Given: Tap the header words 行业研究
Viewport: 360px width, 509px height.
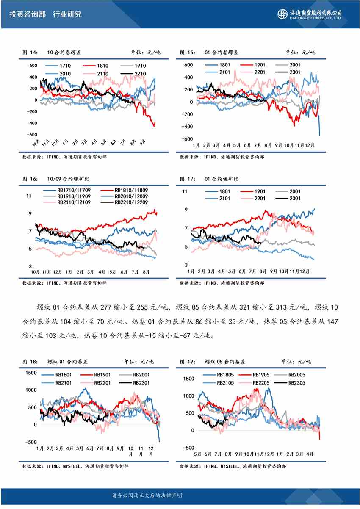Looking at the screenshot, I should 67,14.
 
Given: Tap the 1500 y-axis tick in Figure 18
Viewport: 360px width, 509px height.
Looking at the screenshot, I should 31,373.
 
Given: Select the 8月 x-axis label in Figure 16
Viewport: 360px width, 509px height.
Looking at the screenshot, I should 145,271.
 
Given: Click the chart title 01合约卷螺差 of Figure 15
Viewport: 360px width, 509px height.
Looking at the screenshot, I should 221,53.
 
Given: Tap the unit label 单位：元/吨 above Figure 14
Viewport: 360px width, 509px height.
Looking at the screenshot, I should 145,53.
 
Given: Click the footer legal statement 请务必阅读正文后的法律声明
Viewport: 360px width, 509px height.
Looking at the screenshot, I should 147,495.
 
